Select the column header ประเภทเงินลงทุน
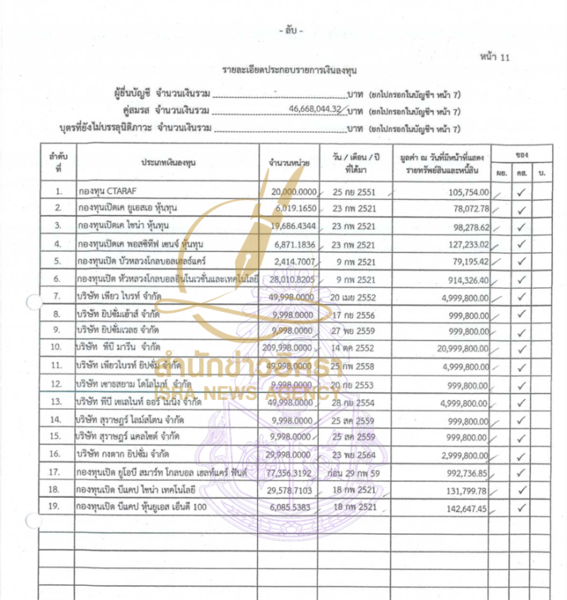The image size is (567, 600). [168, 162]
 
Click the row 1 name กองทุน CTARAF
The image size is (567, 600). [107, 191]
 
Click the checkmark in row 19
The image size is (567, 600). [522, 507]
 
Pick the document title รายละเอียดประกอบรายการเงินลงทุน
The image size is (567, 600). [283, 71]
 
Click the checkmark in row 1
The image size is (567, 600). [522, 191]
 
